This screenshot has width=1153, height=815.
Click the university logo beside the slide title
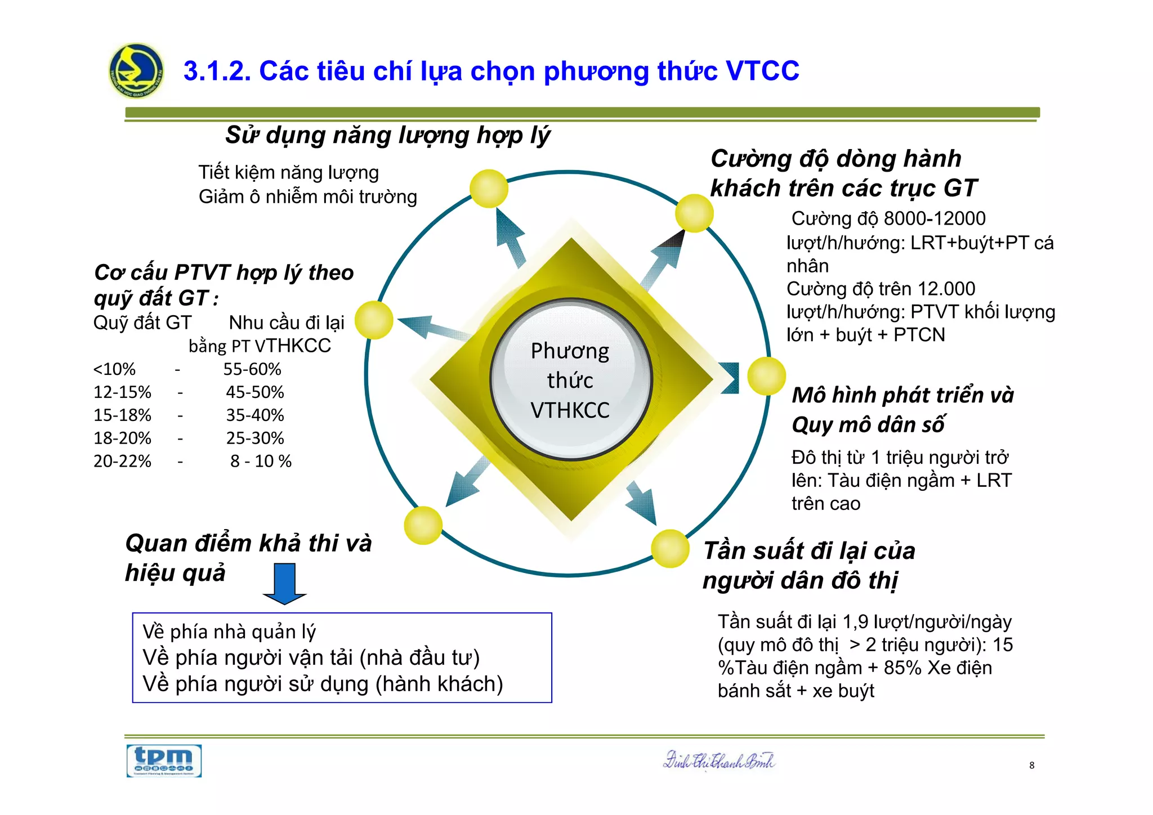[136, 71]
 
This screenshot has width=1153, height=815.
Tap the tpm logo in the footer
[164, 761]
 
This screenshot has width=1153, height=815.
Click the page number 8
[1031, 765]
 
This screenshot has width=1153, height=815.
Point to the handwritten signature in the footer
[719, 761]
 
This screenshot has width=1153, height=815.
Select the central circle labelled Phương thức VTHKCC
[570, 380]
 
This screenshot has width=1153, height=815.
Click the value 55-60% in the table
[252, 369]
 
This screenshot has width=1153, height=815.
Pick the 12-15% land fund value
[122, 392]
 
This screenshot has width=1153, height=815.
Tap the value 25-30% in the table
[255, 438]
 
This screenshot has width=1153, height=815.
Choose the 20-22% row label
[122, 461]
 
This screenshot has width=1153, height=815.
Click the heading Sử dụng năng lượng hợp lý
[387, 135]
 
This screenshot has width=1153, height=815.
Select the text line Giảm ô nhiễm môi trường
[307, 197]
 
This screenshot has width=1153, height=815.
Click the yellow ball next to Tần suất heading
[670, 548]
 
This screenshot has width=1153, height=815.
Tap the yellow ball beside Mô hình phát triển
[766, 376]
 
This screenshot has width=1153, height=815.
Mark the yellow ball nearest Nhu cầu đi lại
[374, 320]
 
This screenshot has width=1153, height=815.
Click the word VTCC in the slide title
[762, 71]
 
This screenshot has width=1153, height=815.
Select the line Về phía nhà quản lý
[229, 632]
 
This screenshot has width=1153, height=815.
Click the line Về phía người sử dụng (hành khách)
[323, 684]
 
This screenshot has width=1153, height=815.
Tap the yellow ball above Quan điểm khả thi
[423, 525]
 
